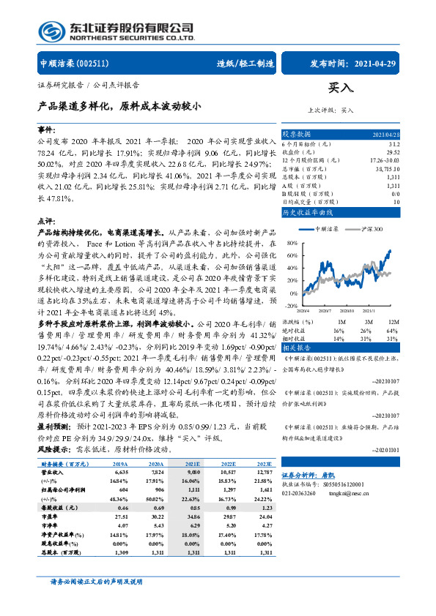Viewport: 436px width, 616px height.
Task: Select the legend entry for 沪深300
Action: point(371,230)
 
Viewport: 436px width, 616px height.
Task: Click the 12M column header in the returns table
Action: point(393,321)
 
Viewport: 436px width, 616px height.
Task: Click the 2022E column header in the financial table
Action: point(229,463)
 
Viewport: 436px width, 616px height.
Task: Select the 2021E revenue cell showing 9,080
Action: point(193,472)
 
